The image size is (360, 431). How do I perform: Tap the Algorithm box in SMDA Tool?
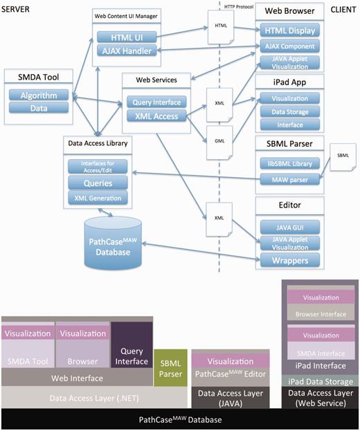[39, 95]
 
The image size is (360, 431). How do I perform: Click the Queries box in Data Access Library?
[98, 183]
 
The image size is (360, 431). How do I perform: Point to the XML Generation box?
[98, 198]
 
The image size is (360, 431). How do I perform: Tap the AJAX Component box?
[288, 46]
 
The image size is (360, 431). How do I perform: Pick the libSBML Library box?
[288, 164]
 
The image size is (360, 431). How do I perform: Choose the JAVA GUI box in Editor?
[288, 226]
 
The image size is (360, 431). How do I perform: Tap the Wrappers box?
[288, 262]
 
